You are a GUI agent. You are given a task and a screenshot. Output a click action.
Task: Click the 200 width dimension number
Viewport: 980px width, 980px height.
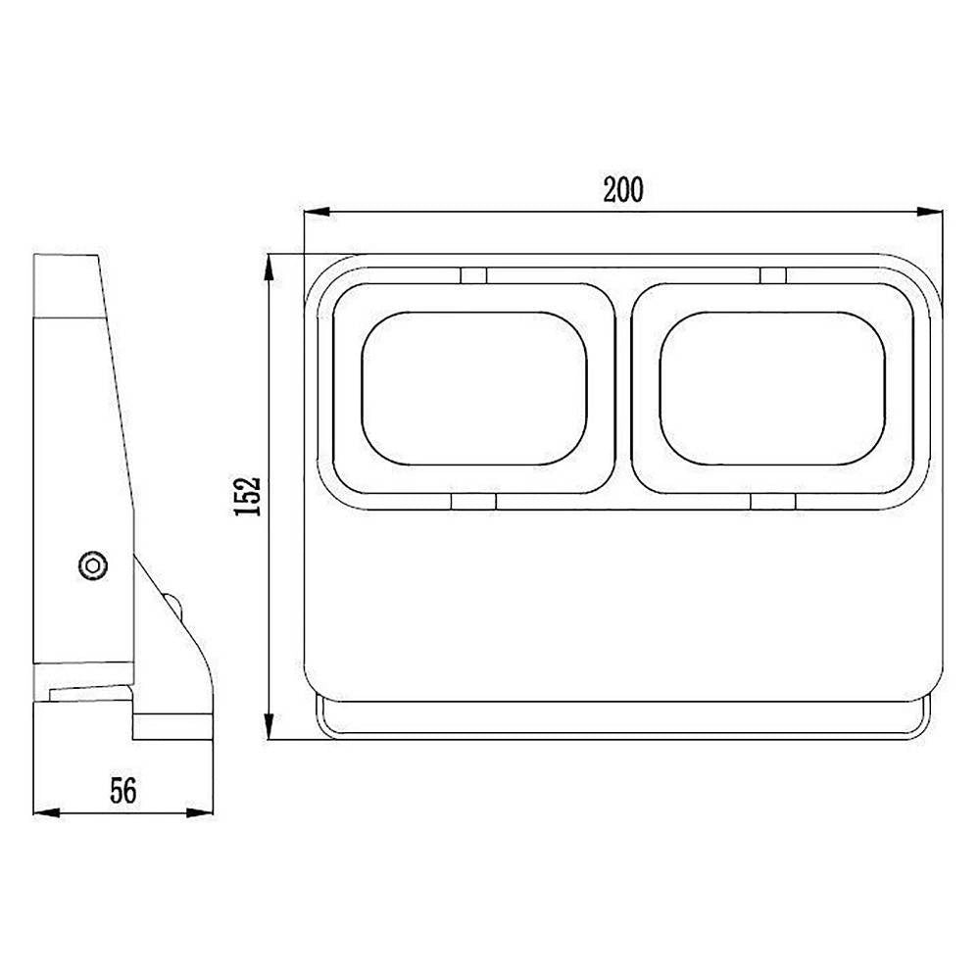click(x=623, y=189)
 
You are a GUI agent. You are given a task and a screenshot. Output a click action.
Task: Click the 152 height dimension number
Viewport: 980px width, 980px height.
click(x=247, y=496)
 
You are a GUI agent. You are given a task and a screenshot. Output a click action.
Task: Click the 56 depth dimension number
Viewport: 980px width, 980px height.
click(x=123, y=791)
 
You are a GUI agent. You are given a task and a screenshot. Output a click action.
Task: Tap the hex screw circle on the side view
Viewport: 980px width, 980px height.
click(x=93, y=565)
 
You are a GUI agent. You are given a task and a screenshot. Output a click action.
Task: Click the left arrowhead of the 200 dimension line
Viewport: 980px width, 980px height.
click(x=317, y=212)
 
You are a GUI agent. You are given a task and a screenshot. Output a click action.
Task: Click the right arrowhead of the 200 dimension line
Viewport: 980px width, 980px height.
click(x=930, y=212)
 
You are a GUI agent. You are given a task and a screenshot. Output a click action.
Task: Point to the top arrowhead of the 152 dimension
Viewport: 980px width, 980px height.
click(x=269, y=267)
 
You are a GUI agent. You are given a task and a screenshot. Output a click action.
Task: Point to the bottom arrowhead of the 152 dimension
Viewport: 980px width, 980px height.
click(x=269, y=726)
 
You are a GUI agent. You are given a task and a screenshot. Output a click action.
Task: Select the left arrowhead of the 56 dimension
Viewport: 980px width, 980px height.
click(x=46, y=812)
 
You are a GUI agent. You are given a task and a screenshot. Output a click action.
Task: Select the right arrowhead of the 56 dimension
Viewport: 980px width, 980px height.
click(x=200, y=812)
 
